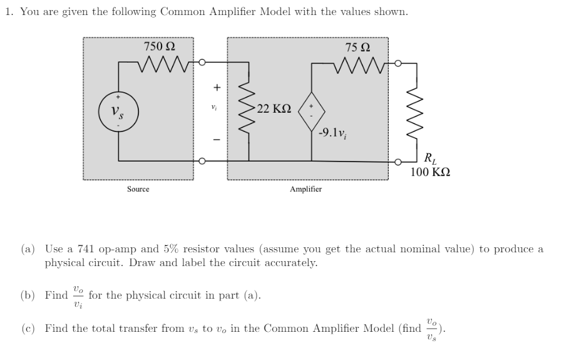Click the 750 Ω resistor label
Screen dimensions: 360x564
coord(160,46)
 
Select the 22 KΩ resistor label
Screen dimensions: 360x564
coord(274,109)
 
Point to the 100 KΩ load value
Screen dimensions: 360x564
coord(431,171)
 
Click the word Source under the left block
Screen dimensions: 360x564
coord(138,188)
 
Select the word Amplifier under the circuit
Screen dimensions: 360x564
coord(306,188)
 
